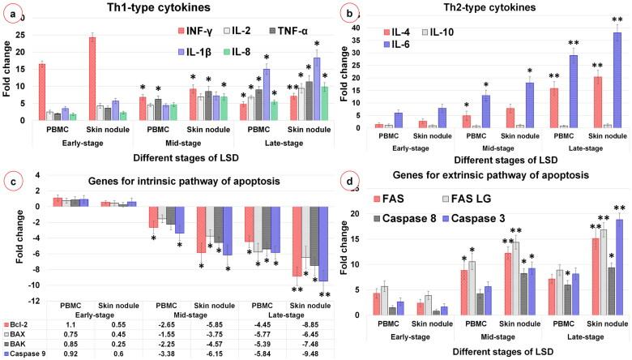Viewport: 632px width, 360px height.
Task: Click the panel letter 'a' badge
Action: point(11,13)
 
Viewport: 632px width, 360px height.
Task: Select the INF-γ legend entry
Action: point(200,30)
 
